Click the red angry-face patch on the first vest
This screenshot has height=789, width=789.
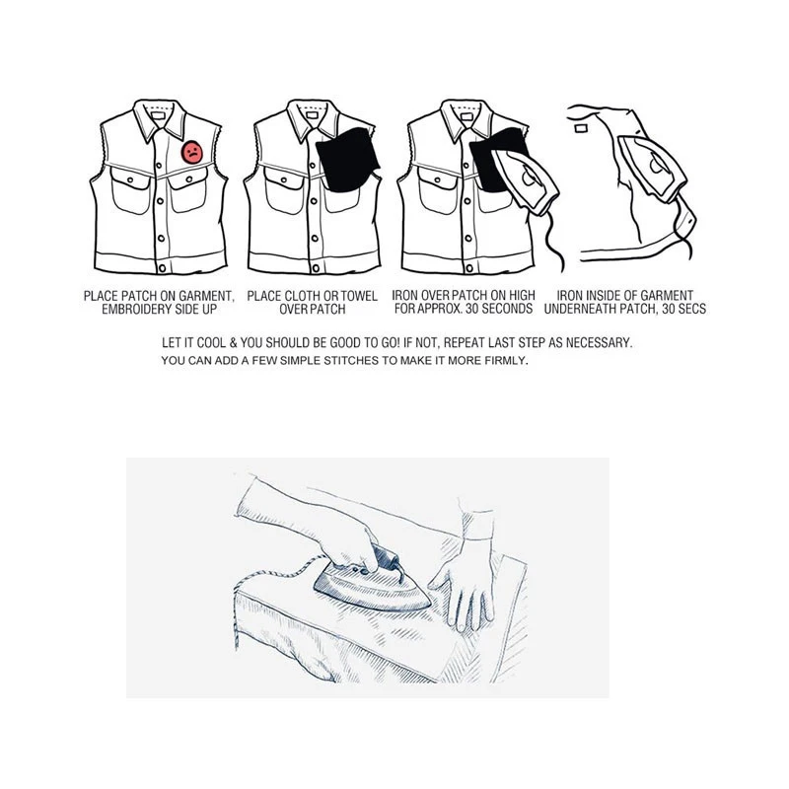192,154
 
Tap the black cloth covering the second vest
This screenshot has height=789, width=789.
346,157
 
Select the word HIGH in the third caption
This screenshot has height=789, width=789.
520,295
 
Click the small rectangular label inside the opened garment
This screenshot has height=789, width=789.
580,126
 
